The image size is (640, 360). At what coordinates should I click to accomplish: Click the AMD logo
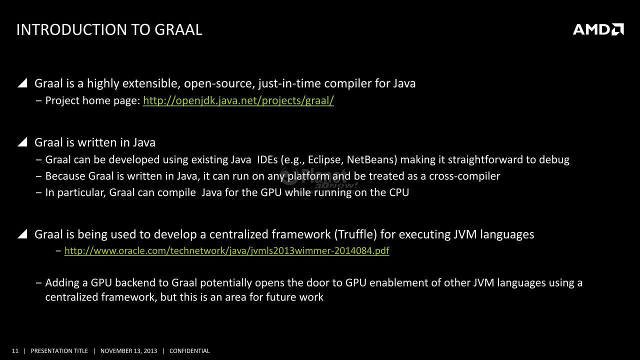598,29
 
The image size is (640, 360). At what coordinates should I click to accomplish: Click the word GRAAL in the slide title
178,29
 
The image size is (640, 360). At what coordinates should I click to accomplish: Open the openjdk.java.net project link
238,100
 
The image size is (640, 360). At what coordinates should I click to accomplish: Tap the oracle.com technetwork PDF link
227,250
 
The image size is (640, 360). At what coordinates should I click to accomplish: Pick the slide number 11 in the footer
15,351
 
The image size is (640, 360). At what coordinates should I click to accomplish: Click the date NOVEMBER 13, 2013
128,351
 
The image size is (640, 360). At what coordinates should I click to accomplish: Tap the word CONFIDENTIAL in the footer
189,351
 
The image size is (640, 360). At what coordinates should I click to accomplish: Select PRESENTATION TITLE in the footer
59,351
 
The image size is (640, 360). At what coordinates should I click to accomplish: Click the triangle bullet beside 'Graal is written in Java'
22,141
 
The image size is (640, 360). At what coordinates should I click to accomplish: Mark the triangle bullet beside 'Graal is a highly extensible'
22,82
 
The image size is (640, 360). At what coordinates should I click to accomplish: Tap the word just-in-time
289,83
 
